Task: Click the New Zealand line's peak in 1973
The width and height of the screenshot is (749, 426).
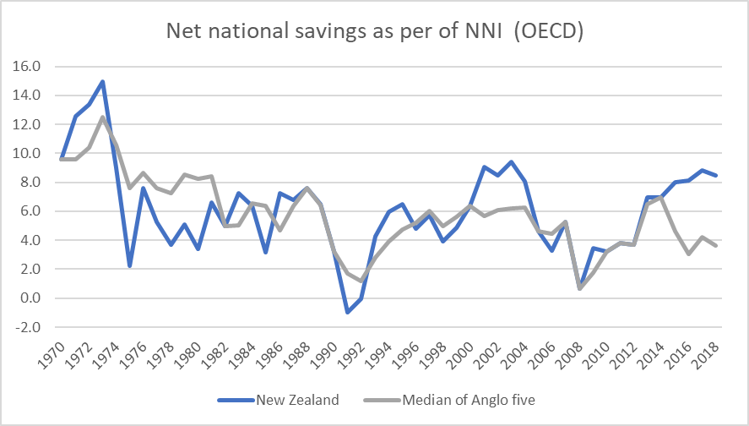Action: point(102,82)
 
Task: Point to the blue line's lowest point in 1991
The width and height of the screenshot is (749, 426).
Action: point(347,313)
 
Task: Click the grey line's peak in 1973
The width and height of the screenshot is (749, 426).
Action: point(102,117)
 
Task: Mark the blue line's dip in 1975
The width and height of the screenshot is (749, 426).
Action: point(129,266)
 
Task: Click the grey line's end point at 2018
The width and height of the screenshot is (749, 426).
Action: point(716,246)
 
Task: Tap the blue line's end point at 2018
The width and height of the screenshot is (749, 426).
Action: point(716,175)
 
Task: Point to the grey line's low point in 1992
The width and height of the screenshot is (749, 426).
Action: point(361,281)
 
